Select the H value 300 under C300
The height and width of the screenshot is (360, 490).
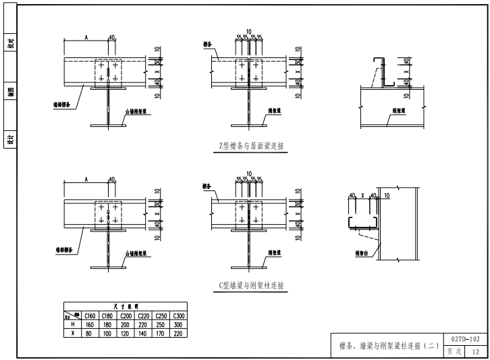(179, 324)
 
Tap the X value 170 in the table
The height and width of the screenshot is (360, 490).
(161, 332)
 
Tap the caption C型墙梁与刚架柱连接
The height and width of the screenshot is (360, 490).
(252, 286)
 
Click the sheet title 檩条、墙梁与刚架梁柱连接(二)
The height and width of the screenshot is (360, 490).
(385, 346)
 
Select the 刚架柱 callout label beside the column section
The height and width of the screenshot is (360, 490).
(364, 254)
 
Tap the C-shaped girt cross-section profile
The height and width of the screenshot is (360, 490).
(361, 224)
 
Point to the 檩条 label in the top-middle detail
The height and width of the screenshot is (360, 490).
(208, 45)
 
